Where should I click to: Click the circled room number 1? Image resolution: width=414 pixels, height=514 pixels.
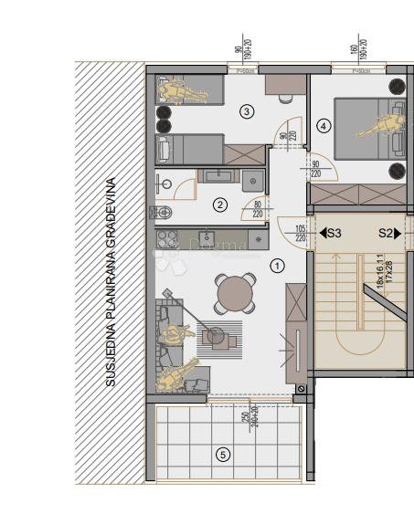(x=279, y=266)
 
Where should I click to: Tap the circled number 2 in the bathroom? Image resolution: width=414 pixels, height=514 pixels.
(x=219, y=205)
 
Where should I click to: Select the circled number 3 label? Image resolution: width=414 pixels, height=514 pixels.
(x=246, y=111)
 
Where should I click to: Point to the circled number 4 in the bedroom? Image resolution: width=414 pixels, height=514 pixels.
(x=323, y=125)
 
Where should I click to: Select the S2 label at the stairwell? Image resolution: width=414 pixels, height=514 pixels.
(x=386, y=234)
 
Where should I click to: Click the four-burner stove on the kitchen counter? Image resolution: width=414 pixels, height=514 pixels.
(x=167, y=239)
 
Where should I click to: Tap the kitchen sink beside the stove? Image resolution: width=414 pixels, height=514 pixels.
(x=208, y=239)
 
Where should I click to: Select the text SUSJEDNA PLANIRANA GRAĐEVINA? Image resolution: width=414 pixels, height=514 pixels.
(x=111, y=283)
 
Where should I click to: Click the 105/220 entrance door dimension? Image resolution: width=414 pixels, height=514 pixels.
(x=300, y=233)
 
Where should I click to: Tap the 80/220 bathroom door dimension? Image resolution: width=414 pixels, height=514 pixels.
(x=258, y=209)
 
